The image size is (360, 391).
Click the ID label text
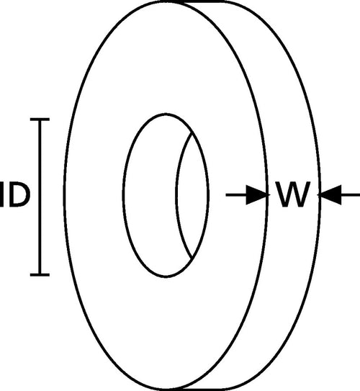pyautogui.click(x=15, y=194)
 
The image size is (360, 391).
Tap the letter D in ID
pyautogui.click(x=19, y=194)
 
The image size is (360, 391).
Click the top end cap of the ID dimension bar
pyautogui.click(x=40, y=120)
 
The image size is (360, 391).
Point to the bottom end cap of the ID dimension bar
pyautogui.click(x=40, y=275)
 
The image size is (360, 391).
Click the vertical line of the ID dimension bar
pyautogui.click(x=40, y=197)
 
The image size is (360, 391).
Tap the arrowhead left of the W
pyautogui.click(x=258, y=194)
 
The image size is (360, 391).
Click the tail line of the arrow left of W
pyautogui.click(x=236, y=194)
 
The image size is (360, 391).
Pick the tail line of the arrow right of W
pyautogui.click(x=351, y=194)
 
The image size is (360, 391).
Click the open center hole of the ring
pyautogui.click(x=150, y=195)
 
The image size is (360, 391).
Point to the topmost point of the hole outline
pyautogui.click(x=166, y=114)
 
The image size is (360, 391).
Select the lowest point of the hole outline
pyautogui.click(x=166, y=277)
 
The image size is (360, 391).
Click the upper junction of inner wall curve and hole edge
pyautogui.click(x=192, y=132)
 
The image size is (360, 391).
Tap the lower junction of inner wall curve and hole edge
pyautogui.click(x=192, y=259)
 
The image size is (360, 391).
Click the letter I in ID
pyautogui.click(x=2, y=194)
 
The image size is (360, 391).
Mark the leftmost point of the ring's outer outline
pyautogui.click(x=64, y=195)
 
